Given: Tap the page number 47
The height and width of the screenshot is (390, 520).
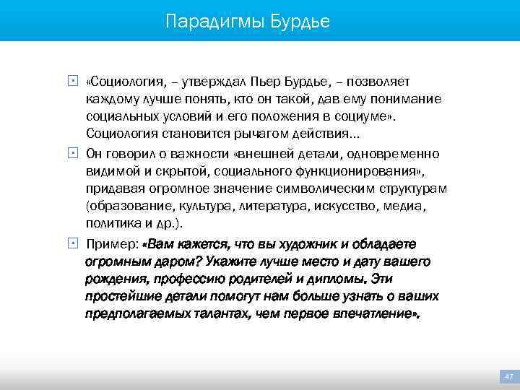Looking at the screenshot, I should [508, 376].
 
